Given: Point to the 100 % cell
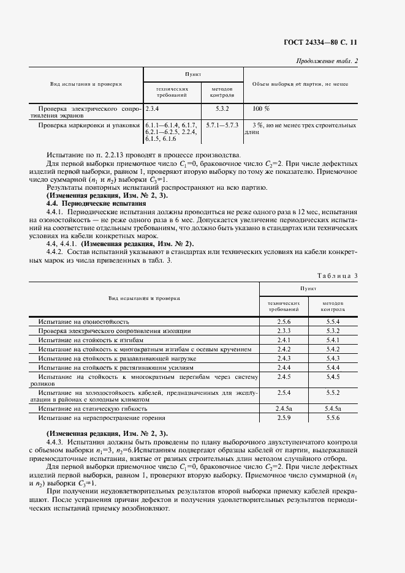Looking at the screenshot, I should pos(261,108).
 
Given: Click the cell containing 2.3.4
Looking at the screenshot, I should pos(153,108).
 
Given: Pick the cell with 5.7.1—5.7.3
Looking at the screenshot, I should pos(222,125).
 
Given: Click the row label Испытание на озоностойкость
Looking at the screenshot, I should pos(83,321).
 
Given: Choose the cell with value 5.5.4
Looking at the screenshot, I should pos(333,321).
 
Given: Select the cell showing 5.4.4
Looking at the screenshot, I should pos(333,367).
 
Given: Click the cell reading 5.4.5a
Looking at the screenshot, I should pos(333,408).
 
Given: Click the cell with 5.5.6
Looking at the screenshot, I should pos(333,418).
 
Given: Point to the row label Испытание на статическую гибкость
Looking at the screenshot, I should pos(93,408).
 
